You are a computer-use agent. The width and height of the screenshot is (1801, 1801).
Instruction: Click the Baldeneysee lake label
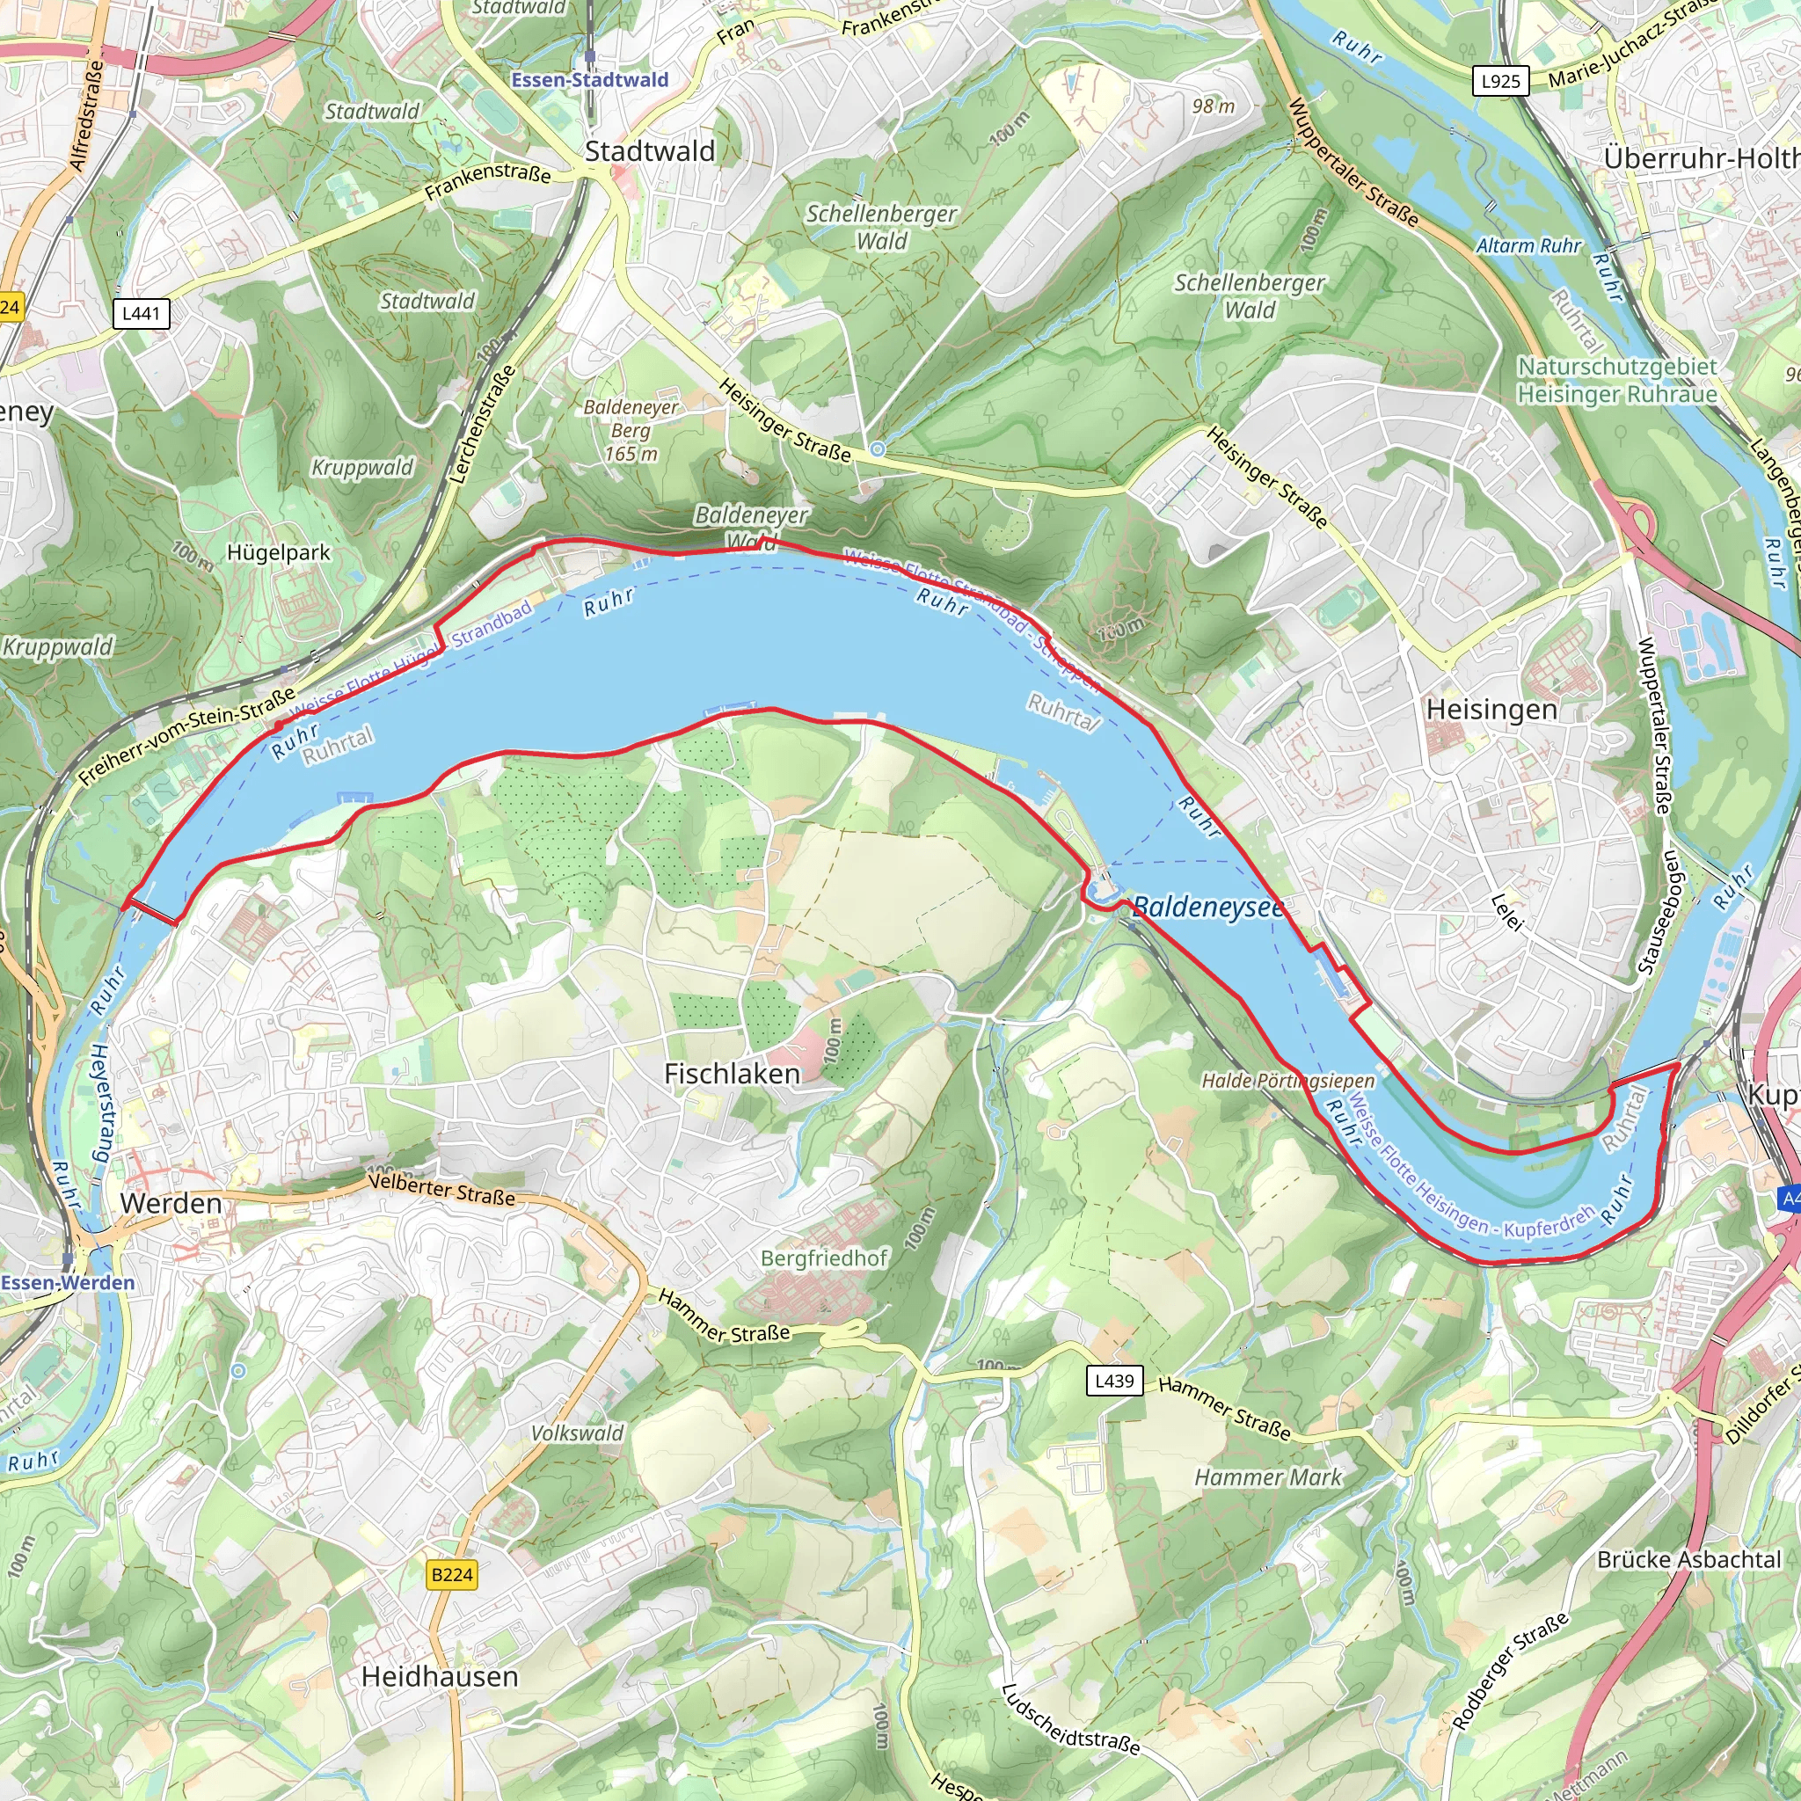[1207, 906]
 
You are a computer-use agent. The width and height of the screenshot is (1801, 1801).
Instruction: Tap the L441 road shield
[141, 313]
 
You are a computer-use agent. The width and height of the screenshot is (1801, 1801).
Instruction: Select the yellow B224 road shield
[452, 1574]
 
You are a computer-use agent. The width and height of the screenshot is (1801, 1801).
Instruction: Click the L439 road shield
[1114, 1381]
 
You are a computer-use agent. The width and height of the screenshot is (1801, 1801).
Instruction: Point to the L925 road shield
[1500, 81]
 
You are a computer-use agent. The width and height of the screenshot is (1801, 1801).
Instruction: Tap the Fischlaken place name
[732, 1074]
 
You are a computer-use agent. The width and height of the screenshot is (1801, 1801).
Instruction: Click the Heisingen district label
[1491, 710]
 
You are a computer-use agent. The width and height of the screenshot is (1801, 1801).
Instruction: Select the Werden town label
[171, 1204]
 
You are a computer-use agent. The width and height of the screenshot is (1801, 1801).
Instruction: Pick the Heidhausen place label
[439, 1677]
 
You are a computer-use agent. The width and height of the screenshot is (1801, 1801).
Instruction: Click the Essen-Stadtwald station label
[589, 80]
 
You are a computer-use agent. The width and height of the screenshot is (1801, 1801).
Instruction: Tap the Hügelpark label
[278, 553]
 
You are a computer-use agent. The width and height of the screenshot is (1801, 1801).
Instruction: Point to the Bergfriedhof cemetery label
[824, 1258]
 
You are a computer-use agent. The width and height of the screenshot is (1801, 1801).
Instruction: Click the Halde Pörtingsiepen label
[1287, 1081]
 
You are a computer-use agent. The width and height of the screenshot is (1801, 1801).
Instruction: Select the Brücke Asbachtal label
[1688, 1559]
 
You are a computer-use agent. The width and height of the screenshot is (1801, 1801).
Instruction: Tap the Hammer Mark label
[1268, 1477]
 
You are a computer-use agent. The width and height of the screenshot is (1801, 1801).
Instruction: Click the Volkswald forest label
[577, 1433]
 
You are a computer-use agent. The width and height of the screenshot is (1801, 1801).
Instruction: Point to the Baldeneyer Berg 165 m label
[631, 431]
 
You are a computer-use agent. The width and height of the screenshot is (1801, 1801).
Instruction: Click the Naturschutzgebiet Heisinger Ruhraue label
[1616, 380]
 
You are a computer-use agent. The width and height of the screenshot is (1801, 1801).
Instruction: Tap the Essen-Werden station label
[68, 1283]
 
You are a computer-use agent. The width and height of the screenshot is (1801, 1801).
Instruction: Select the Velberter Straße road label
[441, 1189]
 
